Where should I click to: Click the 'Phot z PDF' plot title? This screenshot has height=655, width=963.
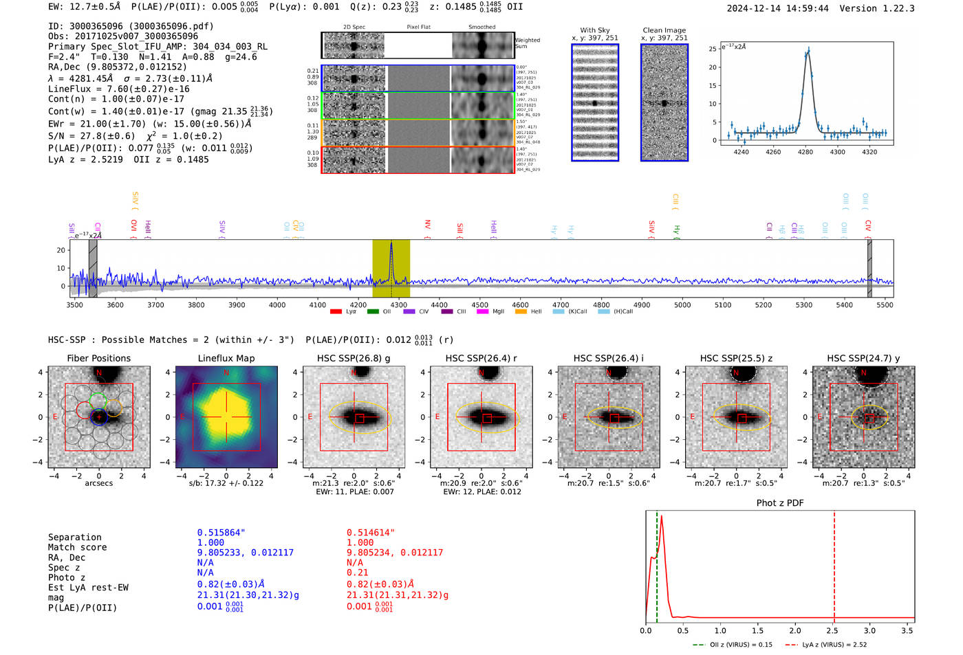[780, 503]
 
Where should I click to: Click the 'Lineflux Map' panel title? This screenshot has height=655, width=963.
[226, 358]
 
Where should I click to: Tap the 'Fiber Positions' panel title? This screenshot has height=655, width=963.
[98, 358]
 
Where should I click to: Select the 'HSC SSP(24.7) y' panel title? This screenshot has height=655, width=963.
[863, 358]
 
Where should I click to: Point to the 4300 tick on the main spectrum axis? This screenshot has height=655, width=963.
[398, 304]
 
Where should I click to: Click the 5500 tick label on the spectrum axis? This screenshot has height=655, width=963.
[885, 304]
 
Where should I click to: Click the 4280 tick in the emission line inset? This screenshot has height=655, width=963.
[805, 152]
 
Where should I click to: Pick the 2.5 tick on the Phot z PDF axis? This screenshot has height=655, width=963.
[832, 630]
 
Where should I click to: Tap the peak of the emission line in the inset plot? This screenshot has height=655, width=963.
[808, 49]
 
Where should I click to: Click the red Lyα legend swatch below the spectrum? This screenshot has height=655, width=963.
[336, 312]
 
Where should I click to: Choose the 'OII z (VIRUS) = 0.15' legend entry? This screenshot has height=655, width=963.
[733, 645]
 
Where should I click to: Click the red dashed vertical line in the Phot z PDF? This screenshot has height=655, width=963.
[834, 564]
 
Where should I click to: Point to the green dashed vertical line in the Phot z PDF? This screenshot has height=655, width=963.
[657, 564]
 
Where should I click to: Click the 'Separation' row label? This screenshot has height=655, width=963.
[74, 537]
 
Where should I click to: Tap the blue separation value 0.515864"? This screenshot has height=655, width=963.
[221, 533]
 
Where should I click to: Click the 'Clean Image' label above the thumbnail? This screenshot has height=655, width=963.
[664, 30]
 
